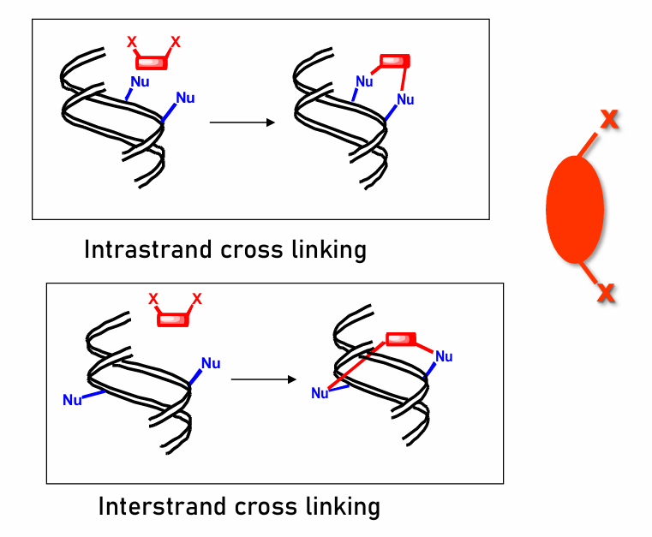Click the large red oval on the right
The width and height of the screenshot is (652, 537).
[x=575, y=208]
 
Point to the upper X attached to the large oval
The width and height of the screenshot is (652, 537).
[x=609, y=119]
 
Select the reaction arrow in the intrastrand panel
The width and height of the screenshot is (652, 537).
[x=242, y=122]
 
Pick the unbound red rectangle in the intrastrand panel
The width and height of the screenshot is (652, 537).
[x=152, y=61]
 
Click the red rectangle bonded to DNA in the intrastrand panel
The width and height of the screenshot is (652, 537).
[x=395, y=62]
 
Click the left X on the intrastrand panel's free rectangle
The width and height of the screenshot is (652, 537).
[x=131, y=40]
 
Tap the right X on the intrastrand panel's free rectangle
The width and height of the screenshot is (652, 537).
[x=176, y=40]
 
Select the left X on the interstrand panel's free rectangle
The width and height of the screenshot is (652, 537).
[x=153, y=299]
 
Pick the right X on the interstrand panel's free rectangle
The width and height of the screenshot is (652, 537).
[x=197, y=299]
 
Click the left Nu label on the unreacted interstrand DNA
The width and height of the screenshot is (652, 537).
[x=72, y=399]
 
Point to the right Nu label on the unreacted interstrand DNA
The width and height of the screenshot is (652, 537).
[x=211, y=363]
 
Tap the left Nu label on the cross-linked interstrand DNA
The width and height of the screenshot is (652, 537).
[x=320, y=393]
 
